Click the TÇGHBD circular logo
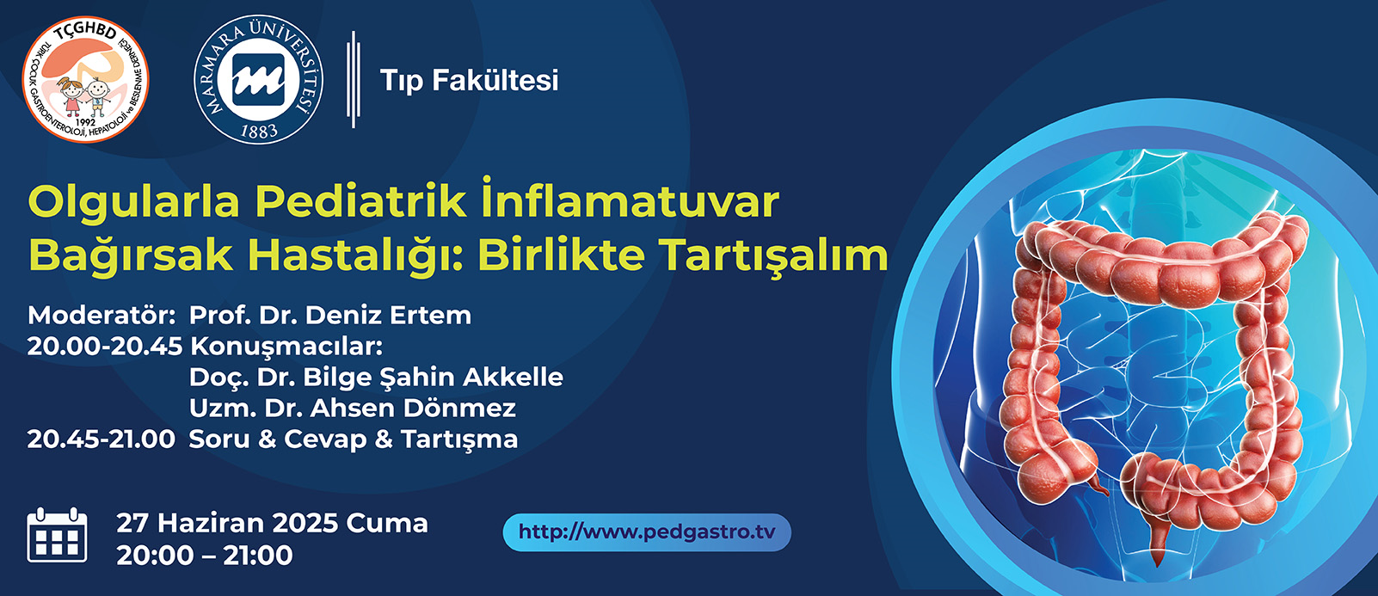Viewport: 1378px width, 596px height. pyautogui.click(x=85, y=79)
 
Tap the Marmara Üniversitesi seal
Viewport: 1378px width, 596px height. pyautogui.click(x=259, y=79)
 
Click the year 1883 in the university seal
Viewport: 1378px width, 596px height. pyautogui.click(x=259, y=131)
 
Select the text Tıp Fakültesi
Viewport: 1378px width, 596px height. pyautogui.click(x=470, y=81)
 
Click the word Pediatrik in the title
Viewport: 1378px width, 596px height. pyautogui.click(x=361, y=201)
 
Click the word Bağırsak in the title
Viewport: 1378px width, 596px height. pyautogui.click(x=131, y=255)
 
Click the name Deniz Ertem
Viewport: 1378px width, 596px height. pyautogui.click(x=389, y=316)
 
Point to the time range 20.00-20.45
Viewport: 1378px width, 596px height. pyautogui.click(x=105, y=347)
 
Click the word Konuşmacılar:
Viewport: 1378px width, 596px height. pyautogui.click(x=286, y=347)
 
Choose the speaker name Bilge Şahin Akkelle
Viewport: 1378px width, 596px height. pyautogui.click(x=433, y=378)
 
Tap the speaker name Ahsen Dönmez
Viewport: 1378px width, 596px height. pyautogui.click(x=413, y=409)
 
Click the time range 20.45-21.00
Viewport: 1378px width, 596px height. pyautogui.click(x=102, y=439)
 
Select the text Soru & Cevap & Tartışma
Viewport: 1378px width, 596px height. pyautogui.click(x=354, y=439)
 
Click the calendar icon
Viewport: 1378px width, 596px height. pyautogui.click(x=58, y=535)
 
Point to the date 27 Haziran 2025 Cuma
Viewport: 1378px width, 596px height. pyautogui.click(x=272, y=524)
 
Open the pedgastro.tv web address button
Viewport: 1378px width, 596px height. pyautogui.click(x=647, y=532)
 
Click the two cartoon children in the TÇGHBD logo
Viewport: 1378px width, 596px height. pyautogui.click(x=85, y=95)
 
